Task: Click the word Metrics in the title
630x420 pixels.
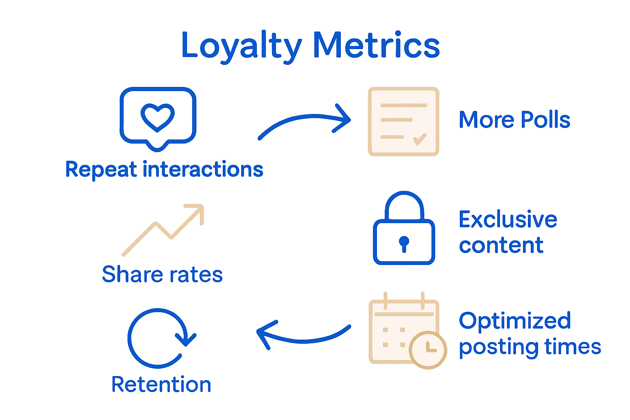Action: tap(376, 45)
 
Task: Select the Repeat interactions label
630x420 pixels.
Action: tap(164, 169)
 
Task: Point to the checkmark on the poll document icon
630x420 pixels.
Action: tap(420, 139)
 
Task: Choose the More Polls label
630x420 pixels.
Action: tap(514, 120)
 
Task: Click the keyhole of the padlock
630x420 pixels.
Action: tap(404, 243)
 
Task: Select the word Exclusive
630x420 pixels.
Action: tap(508, 219)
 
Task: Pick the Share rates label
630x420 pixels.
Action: tap(162, 274)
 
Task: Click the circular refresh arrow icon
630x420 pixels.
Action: tap(158, 338)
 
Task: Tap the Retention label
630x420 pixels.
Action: tap(161, 385)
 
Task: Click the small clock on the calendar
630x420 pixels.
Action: tap(428, 350)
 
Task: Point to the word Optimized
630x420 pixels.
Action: tap(515, 321)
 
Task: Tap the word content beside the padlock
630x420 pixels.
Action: tap(501, 246)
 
